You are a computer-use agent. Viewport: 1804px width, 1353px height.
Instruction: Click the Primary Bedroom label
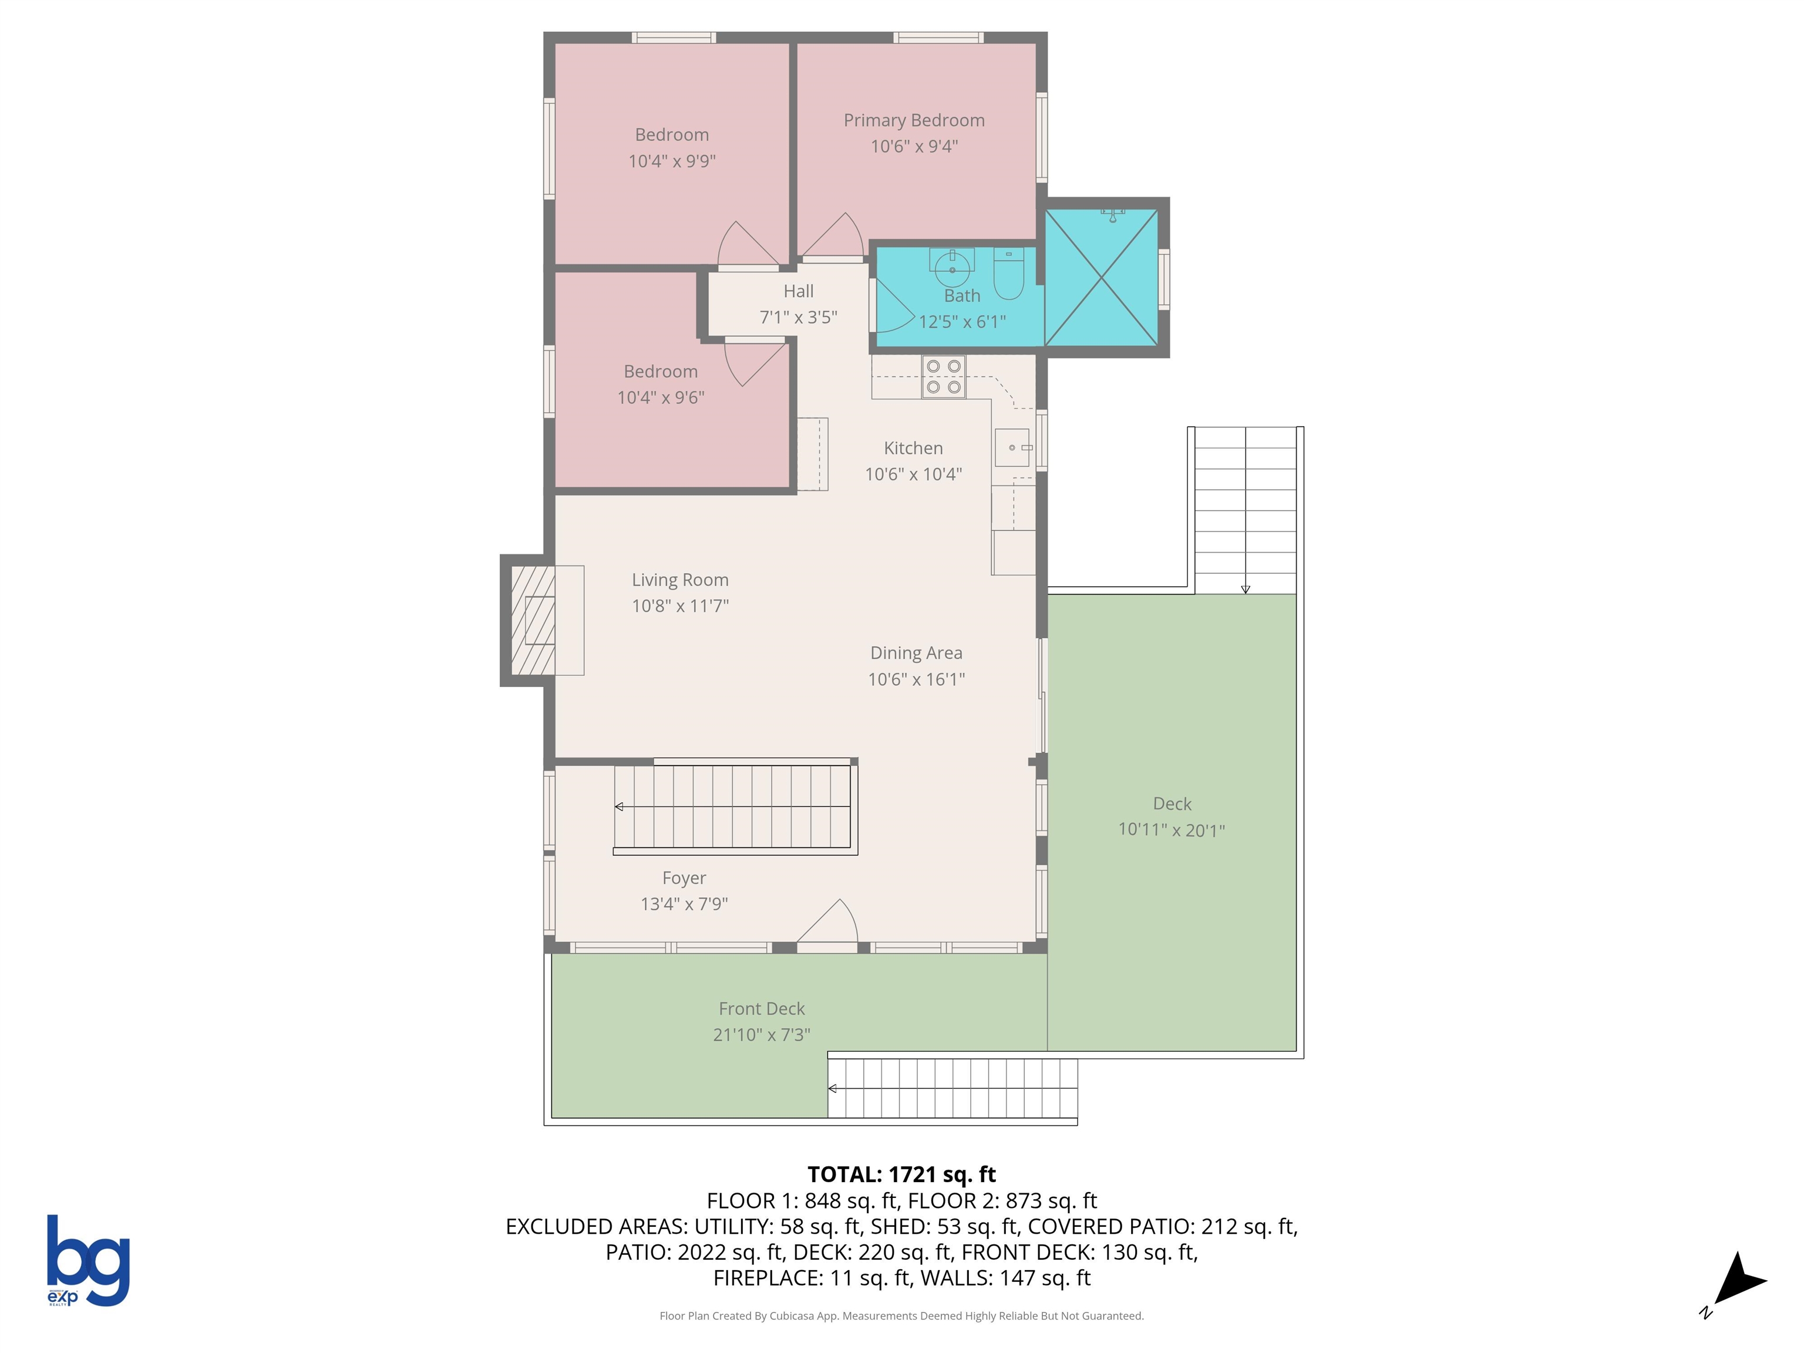click(x=913, y=121)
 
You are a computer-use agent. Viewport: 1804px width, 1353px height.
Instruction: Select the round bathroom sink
click(x=952, y=265)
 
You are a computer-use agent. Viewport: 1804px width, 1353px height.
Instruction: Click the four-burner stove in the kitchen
click(x=944, y=377)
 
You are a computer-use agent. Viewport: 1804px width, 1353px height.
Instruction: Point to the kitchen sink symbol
click(x=1012, y=447)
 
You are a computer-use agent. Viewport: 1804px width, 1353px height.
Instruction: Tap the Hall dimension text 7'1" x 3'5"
click(x=799, y=317)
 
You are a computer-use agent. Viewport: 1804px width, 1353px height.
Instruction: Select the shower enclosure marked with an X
click(x=1101, y=277)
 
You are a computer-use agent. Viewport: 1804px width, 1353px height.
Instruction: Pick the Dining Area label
click(x=916, y=653)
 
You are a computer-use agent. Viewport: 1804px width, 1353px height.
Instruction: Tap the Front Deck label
click(x=761, y=1009)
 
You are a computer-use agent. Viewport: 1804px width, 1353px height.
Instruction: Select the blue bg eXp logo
click(x=88, y=1260)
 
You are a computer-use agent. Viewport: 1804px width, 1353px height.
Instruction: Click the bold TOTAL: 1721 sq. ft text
click(x=901, y=1174)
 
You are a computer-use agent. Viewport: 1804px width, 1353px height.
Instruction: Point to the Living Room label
click(x=680, y=580)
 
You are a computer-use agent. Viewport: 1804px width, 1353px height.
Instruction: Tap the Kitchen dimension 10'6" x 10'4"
click(x=913, y=474)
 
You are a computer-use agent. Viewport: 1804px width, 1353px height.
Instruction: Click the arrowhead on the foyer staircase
click(x=620, y=807)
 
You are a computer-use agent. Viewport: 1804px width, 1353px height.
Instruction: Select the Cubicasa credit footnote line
click(x=901, y=1315)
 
